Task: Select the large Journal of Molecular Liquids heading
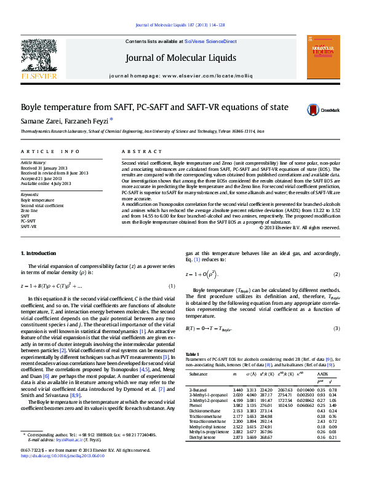(180, 58)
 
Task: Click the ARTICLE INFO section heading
(50, 151)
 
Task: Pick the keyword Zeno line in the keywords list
(30, 211)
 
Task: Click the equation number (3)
(336, 328)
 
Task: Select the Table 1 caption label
(193, 355)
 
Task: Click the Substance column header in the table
(198, 373)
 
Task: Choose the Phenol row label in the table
(196, 406)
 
